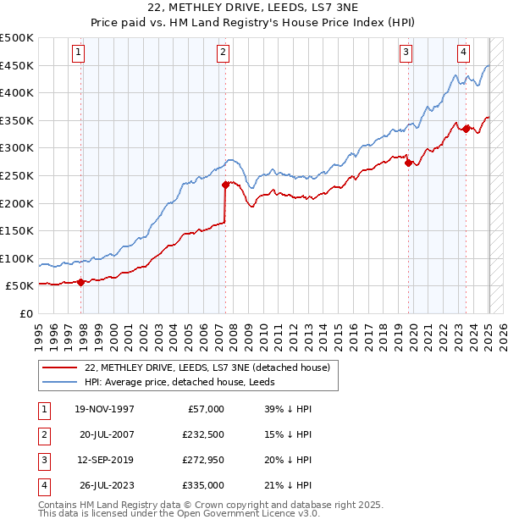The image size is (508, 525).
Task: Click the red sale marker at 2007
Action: pos(225,184)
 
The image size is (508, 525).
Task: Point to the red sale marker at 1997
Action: pos(81,282)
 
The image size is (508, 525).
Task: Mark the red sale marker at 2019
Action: pos(409,163)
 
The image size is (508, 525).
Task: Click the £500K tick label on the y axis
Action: pos(18,38)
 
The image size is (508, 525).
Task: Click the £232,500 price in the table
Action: pos(202,434)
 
